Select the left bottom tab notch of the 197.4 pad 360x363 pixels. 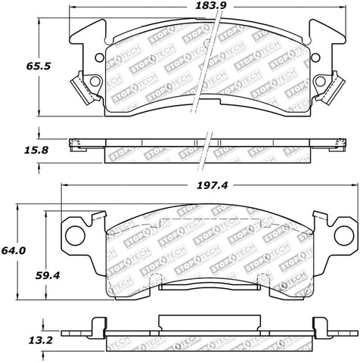(x=159, y=281)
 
